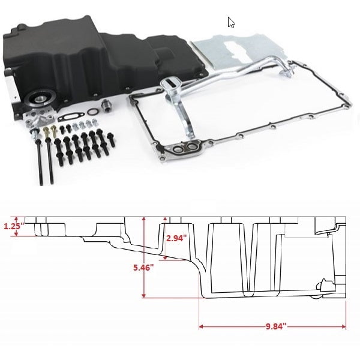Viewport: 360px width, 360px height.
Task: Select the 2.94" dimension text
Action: click(176, 238)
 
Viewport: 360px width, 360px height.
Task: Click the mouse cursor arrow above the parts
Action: click(231, 23)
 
